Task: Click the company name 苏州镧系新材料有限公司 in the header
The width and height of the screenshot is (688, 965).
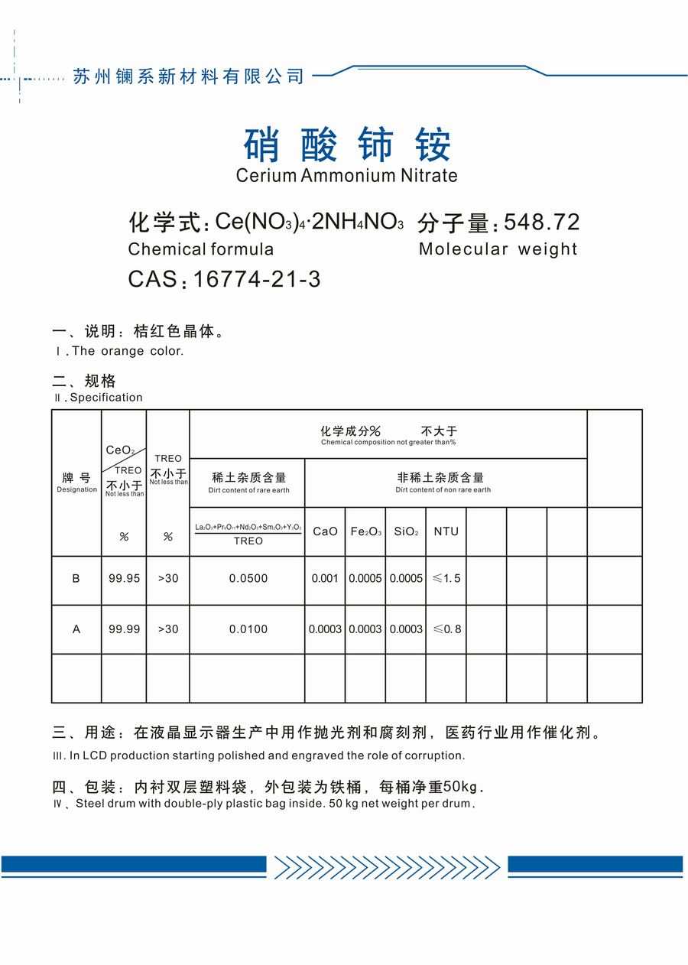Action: pos(188,76)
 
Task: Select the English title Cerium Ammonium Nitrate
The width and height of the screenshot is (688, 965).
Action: pos(346,175)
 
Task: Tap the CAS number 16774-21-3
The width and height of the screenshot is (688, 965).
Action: pos(257,279)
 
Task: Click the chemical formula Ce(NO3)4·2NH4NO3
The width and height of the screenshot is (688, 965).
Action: pos(309,223)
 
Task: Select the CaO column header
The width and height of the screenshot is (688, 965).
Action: pos(325,531)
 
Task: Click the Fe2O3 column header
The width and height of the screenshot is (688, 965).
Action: pos(365,531)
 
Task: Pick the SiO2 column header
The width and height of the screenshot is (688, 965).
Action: pos(406,531)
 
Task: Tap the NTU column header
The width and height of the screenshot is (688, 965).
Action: pos(446,531)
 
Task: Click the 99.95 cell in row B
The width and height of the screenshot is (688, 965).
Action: pos(124,579)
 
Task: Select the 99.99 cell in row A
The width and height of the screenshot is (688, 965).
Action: pos(124,629)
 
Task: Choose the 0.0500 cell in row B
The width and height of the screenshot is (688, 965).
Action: pos(248,579)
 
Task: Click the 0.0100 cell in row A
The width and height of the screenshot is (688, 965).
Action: pos(248,629)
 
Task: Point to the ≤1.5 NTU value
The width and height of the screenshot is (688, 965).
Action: pos(447,579)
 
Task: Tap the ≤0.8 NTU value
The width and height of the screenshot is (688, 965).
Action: pos(447,629)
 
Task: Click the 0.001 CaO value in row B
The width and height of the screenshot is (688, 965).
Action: pos(325,579)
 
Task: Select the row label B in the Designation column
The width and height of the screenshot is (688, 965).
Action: pos(76,579)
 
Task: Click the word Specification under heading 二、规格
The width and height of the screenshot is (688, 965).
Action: pos(106,398)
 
